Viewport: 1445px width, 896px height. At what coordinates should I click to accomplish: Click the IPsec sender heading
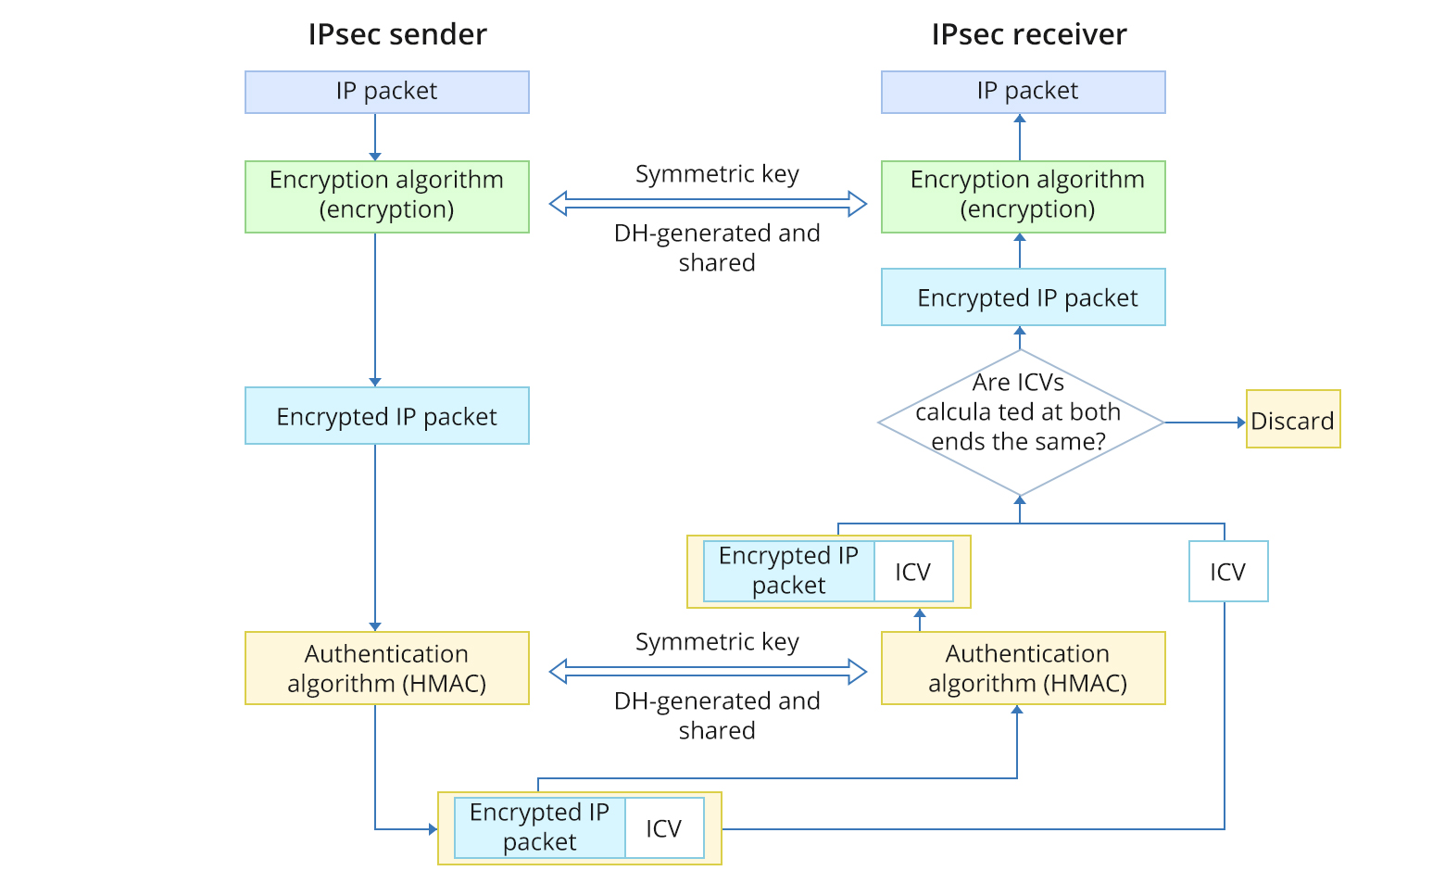396,34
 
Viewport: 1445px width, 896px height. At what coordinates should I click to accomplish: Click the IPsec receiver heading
1028,34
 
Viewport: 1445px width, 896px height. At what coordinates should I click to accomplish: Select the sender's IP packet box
386,92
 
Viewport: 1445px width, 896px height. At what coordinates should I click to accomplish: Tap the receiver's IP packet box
1023,92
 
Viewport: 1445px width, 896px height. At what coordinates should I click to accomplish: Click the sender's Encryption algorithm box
386,196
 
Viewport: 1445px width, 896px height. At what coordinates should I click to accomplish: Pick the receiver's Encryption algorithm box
1023,196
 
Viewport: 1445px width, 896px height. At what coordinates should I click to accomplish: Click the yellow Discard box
1292,420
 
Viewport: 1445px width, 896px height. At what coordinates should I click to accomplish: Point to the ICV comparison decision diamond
1019,422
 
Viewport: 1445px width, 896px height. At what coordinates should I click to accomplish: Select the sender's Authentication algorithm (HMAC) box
386,668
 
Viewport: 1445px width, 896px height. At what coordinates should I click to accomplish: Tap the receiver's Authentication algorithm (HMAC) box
1023,668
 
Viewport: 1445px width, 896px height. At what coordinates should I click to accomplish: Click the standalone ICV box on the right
1227,572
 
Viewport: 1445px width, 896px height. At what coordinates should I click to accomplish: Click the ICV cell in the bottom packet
663,828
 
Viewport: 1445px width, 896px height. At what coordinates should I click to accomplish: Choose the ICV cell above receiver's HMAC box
912,572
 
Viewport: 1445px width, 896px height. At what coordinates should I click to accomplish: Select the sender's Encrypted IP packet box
386,416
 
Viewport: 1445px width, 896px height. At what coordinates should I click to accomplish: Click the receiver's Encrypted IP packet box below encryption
1023,297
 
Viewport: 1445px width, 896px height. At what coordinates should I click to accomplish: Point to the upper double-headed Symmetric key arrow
708,203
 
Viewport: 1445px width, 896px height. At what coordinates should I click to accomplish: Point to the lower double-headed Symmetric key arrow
708,671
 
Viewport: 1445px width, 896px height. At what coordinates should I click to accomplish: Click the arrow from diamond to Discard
1204,423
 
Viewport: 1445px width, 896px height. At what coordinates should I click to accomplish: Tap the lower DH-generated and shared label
717,715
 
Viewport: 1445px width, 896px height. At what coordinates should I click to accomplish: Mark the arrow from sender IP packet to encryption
375,137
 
